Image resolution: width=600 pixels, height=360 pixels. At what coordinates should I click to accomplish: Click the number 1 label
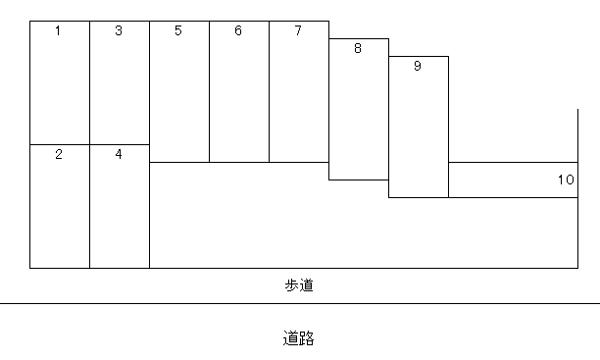58,31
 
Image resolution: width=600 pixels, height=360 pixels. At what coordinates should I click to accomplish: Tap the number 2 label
59,155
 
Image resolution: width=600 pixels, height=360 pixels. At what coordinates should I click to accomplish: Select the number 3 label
119,31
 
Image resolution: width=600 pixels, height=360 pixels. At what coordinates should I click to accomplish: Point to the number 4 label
119,154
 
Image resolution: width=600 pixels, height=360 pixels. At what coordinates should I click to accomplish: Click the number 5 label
178,31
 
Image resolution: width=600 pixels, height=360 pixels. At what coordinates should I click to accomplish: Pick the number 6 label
238,31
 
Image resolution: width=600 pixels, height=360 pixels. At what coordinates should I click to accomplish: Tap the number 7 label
298,31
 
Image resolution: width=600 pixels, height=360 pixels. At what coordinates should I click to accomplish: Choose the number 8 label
358,48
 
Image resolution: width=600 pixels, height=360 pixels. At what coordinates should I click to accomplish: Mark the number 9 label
418,67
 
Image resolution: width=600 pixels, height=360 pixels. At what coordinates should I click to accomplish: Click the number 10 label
566,180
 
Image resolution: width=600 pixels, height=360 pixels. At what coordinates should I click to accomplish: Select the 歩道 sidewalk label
298,285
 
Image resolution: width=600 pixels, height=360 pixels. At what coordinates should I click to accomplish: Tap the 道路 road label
298,339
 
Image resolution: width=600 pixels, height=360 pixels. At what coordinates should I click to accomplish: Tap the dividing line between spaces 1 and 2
59,144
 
